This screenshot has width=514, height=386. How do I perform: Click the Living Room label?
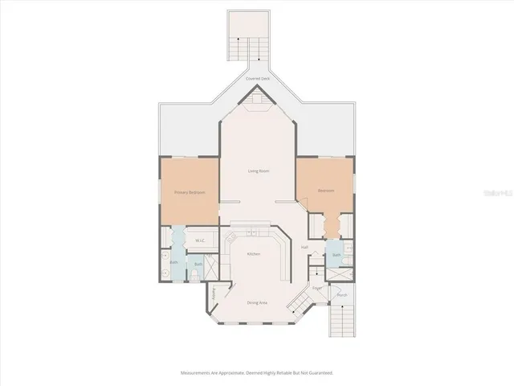point(257,171)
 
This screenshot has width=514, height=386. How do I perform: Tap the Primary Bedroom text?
point(190,192)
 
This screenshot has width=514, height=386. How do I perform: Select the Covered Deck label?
point(257,79)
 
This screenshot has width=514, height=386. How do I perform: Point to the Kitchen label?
point(254,254)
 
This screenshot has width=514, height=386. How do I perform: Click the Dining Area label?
point(257,302)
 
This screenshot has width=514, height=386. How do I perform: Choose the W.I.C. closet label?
point(201,240)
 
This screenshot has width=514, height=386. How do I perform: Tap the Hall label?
point(304,247)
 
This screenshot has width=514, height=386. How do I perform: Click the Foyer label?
point(317,287)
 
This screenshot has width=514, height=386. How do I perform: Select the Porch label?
point(341,295)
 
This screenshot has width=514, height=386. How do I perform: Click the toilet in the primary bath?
point(197,274)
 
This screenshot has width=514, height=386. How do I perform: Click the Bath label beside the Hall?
point(337,255)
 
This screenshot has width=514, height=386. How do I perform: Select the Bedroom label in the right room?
point(325,191)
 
